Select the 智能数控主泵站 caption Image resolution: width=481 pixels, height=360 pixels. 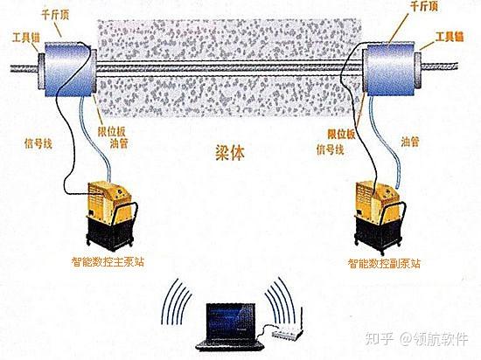(x=108, y=261)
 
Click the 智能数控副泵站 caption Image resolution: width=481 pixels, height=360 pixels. (x=385, y=262)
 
